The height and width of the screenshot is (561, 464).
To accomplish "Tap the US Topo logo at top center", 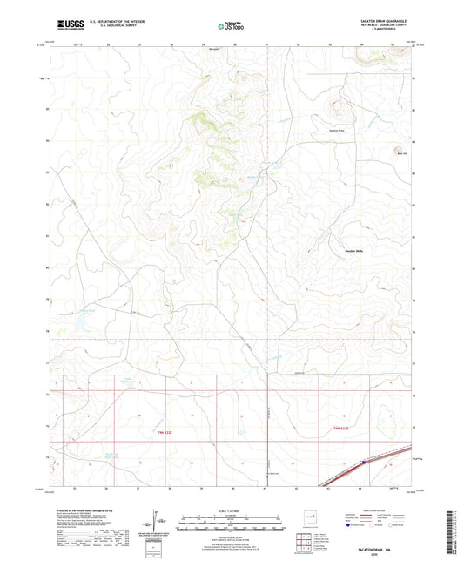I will pos(231,26).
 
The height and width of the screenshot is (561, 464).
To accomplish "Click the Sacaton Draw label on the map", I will pos(336,131).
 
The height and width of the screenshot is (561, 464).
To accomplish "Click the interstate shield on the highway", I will pos(363,463).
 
